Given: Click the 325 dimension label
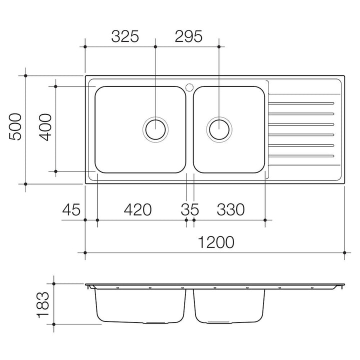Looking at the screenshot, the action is (125, 36).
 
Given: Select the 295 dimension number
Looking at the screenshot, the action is (188, 36).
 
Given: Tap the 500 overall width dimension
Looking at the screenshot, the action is (15, 126).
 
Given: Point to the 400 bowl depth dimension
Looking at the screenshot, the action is (45, 127).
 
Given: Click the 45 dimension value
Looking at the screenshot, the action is (71, 209).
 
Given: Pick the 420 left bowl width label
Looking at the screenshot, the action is (138, 209).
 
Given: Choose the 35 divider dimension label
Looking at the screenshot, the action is (190, 209).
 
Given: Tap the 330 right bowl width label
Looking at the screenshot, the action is (230, 209).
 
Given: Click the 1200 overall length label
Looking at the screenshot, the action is (216, 242).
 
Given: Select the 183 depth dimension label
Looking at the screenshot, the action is (43, 304).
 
